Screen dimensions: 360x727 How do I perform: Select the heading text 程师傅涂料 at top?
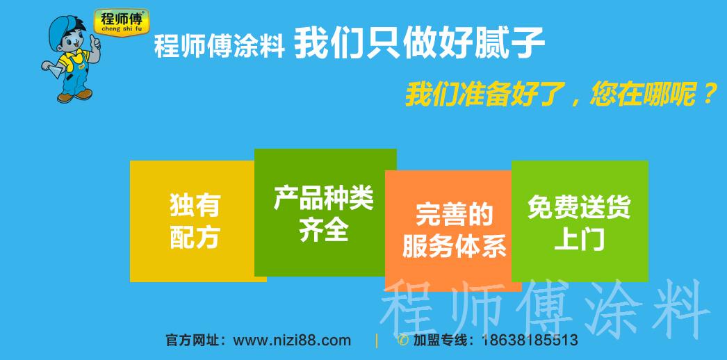tap(219, 48)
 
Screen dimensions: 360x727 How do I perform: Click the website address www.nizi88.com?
tap(292, 341)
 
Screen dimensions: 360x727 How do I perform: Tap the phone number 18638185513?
tap(529, 341)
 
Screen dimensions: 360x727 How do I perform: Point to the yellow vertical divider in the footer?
tap(377, 341)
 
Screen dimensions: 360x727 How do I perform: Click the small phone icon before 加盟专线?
tap(402, 341)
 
